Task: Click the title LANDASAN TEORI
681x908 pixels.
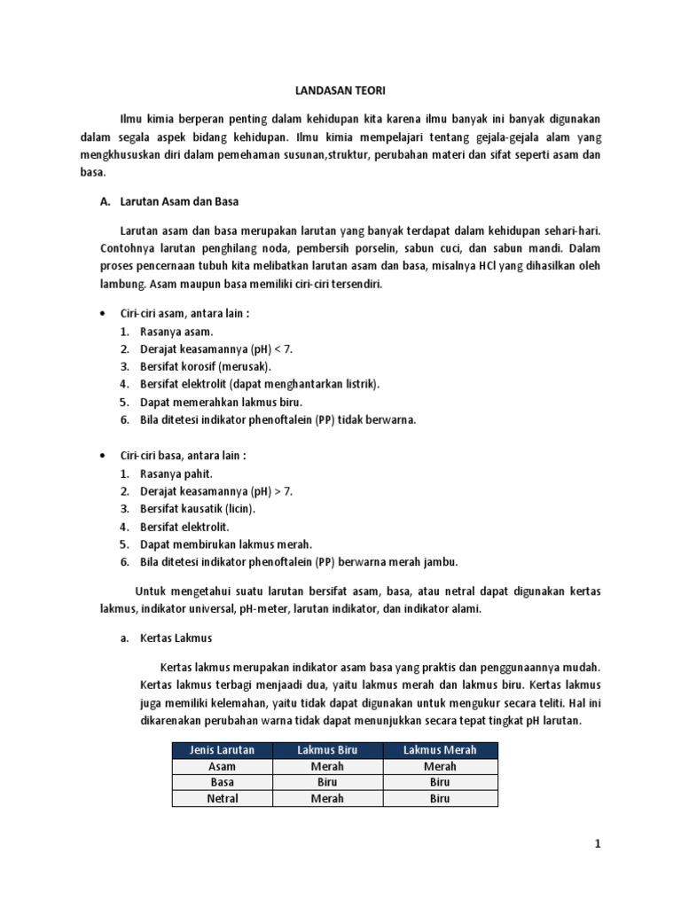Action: pyautogui.click(x=340, y=90)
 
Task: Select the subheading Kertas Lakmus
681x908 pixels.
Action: pyautogui.click(x=176, y=638)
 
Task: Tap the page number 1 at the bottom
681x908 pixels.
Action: pyautogui.click(x=598, y=844)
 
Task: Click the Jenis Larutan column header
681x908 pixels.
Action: pyautogui.click(x=222, y=750)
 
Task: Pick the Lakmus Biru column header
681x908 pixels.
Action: pyautogui.click(x=327, y=750)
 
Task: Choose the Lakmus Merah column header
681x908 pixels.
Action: pyautogui.click(x=440, y=750)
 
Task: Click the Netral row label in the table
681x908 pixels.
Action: pyautogui.click(x=222, y=798)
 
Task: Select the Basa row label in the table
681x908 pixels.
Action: pyautogui.click(x=222, y=782)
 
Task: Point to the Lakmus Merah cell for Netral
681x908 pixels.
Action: pyautogui.click(x=440, y=798)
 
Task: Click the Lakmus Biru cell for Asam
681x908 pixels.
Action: pyautogui.click(x=327, y=766)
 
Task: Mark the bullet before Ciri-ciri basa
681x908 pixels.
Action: pyautogui.click(x=103, y=456)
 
